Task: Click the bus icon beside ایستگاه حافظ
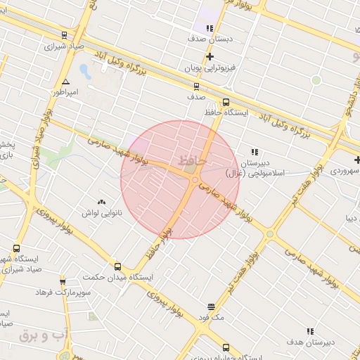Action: (x=226, y=102)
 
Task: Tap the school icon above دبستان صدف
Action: (x=210, y=28)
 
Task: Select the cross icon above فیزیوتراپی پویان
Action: (x=210, y=56)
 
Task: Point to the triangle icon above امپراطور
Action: (x=65, y=81)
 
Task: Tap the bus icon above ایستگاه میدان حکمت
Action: (x=117, y=266)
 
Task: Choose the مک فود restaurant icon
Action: (x=211, y=307)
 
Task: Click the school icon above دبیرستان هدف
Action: (x=310, y=330)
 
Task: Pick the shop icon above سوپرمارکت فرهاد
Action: (x=64, y=280)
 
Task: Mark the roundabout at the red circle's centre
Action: (x=195, y=180)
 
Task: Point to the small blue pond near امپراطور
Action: (x=85, y=71)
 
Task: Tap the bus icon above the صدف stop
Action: (x=196, y=86)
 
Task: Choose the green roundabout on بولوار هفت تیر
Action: (x=270, y=233)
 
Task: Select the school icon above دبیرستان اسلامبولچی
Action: (x=255, y=151)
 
